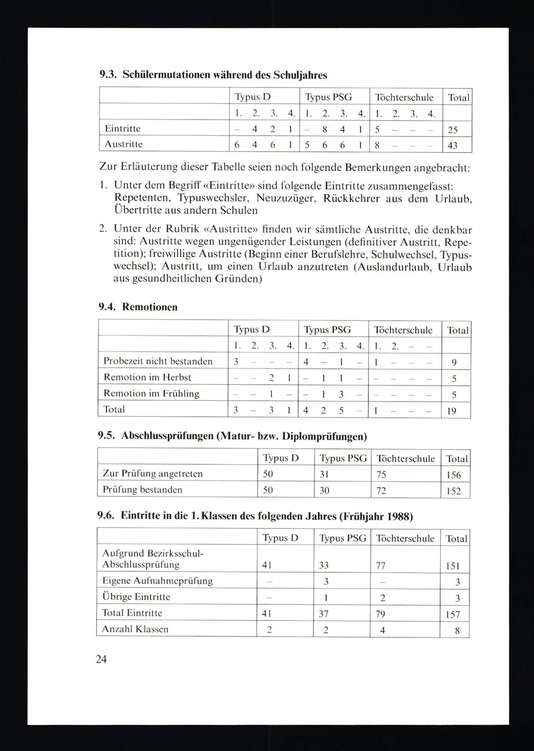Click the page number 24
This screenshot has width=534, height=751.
click(101, 659)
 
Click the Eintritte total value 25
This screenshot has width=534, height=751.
click(453, 130)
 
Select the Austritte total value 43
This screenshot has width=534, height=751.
click(453, 145)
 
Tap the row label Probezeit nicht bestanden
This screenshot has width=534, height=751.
click(158, 361)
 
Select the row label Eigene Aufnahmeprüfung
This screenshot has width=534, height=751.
click(158, 581)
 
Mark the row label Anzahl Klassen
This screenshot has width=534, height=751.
click(135, 629)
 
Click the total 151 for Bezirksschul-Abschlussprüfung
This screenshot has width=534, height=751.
click(453, 566)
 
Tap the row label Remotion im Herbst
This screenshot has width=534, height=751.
click(147, 377)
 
